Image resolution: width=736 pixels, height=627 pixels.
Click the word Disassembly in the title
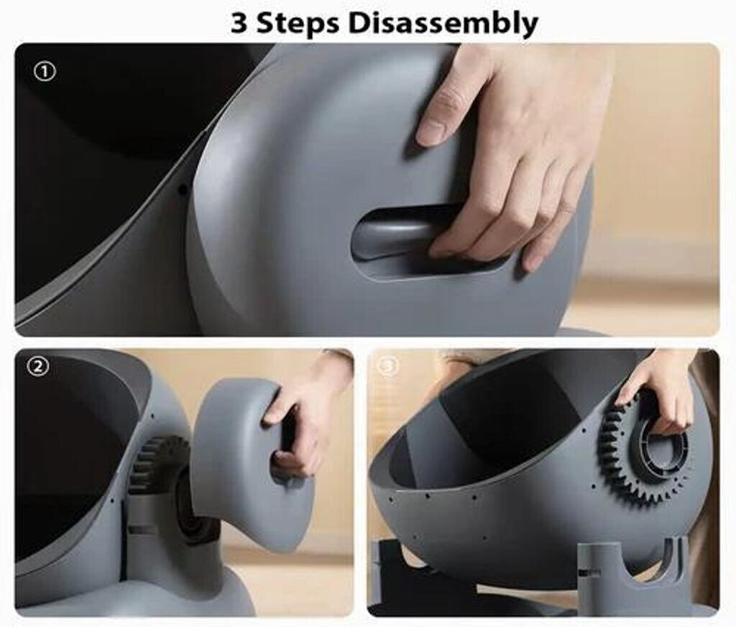(443, 23)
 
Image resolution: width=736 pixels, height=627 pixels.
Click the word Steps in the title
(298, 24)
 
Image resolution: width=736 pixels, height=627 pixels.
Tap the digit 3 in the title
(239, 23)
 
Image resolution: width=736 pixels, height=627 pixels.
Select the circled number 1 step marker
(45, 72)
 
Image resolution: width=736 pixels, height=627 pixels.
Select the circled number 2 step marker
(37, 367)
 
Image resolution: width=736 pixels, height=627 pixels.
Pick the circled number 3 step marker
(388, 366)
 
